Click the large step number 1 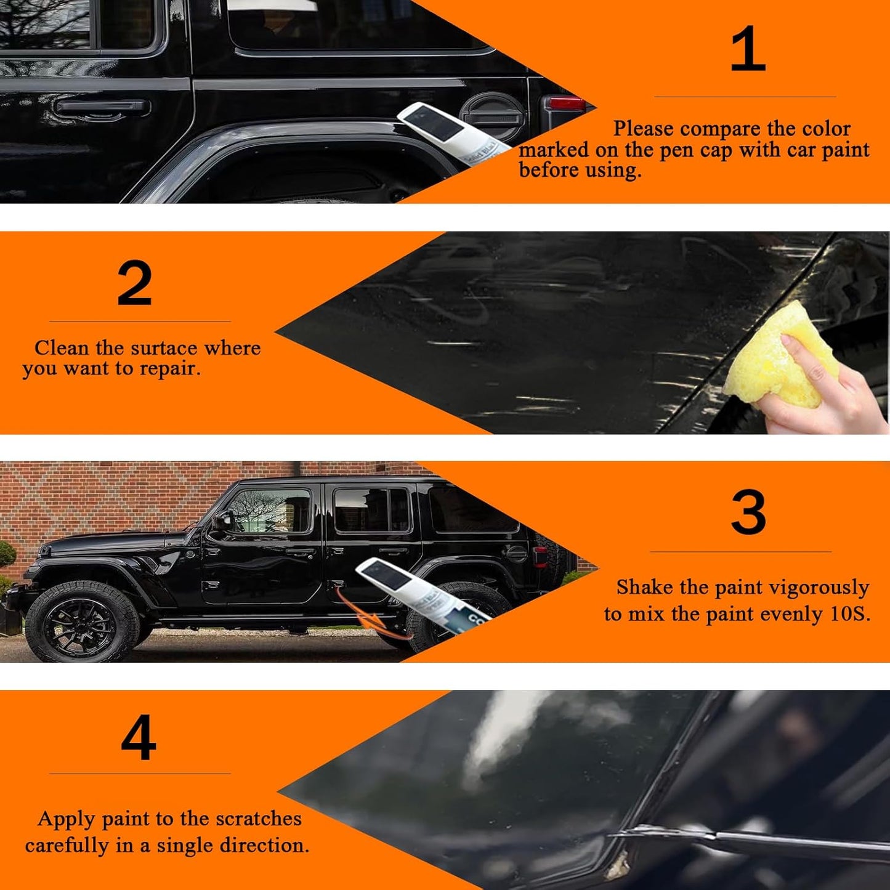[747, 49]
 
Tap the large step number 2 [135, 283]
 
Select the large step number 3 [748, 512]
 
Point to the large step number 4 [139, 737]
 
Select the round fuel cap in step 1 [493, 115]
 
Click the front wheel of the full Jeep [83, 623]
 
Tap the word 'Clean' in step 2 [62, 348]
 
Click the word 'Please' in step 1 [644, 129]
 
